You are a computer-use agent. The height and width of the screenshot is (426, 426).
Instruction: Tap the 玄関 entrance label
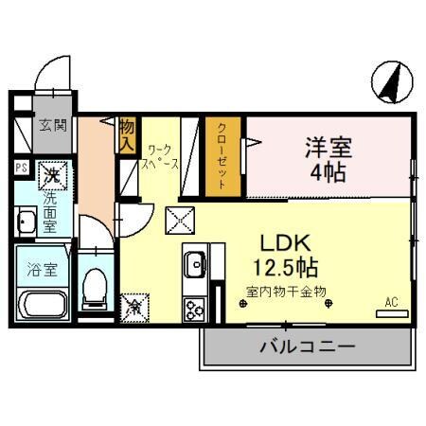point(53,125)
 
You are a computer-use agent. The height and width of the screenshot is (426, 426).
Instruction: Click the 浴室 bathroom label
point(43,270)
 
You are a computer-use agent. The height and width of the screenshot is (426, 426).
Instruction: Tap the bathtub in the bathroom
point(44,305)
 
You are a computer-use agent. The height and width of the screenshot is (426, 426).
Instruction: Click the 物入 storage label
point(127,134)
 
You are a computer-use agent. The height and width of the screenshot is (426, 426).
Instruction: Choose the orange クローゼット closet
point(220,156)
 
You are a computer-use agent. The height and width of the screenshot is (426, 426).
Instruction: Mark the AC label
point(389,302)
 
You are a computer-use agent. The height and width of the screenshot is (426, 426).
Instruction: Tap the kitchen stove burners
point(196,309)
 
